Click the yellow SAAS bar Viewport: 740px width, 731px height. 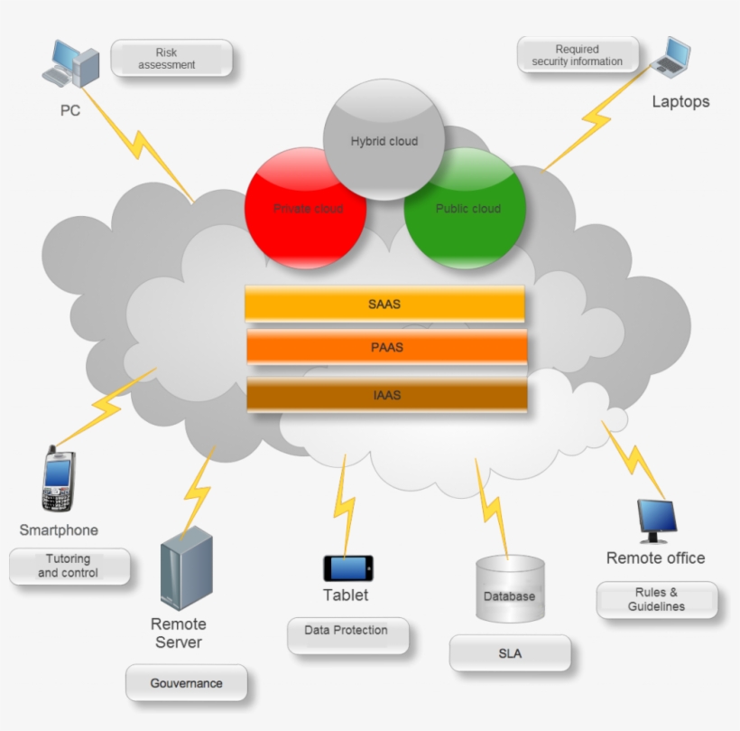tap(384, 304)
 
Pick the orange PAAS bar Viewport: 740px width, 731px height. tap(386, 347)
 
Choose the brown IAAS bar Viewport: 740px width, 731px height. tap(386, 395)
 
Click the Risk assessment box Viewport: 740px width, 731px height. tap(171, 59)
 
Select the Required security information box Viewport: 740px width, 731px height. tap(578, 55)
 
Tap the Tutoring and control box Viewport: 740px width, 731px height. tap(69, 567)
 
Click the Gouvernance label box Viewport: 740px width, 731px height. tap(186, 683)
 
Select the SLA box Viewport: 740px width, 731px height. tap(510, 653)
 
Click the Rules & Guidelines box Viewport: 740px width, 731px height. tap(657, 600)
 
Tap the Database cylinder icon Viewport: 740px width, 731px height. tap(510, 588)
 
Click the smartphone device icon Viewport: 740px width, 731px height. tap(58, 479)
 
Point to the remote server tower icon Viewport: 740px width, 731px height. tap(186, 568)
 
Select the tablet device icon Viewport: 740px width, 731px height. tap(347, 568)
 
